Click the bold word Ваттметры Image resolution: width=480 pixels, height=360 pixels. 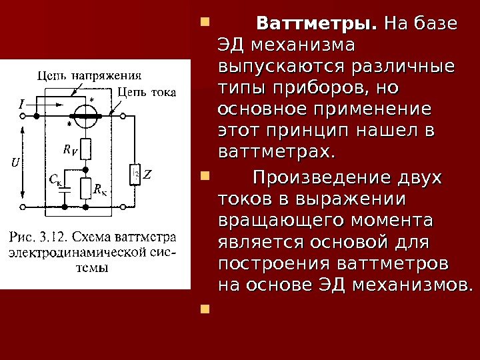317,25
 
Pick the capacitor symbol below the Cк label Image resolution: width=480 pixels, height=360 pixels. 64,189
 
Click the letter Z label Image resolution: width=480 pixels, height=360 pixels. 147,176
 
